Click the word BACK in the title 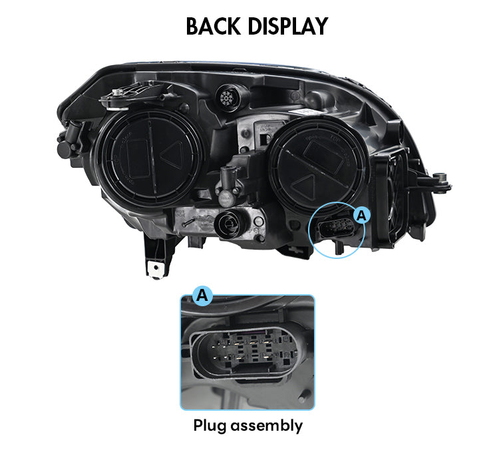[213, 26]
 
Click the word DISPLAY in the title [287, 26]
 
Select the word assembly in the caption [266, 425]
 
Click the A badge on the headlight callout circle [361, 216]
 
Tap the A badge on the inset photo [202, 296]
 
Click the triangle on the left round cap [172, 154]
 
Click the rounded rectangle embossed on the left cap [137, 158]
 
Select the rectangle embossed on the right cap [323, 156]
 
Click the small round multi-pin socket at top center [228, 97]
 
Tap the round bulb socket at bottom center [229, 225]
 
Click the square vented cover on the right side [391, 199]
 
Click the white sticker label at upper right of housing [308, 112]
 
